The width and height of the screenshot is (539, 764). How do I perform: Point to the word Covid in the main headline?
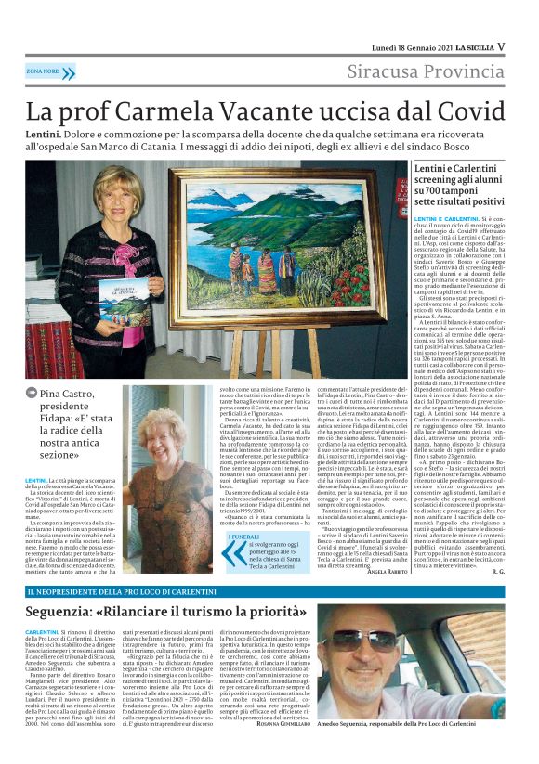[454, 110]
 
